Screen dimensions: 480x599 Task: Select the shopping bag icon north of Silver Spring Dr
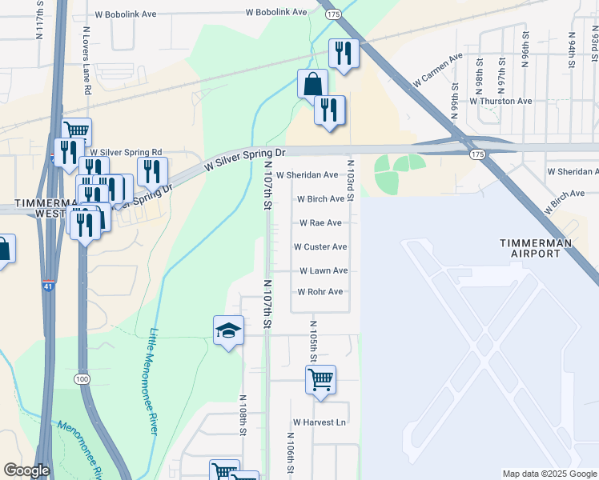click(x=312, y=85)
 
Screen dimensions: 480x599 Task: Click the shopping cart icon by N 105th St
click(x=320, y=379)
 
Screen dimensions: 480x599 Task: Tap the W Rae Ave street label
click(x=320, y=223)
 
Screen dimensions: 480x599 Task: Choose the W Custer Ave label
click(x=320, y=247)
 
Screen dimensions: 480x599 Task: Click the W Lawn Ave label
click(x=323, y=271)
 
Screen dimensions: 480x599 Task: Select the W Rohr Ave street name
click(x=320, y=292)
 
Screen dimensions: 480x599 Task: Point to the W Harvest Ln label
click(x=319, y=422)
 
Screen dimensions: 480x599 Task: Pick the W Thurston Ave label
click(x=501, y=102)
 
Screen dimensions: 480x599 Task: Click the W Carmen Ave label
click(x=438, y=70)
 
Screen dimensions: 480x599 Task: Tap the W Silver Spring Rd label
click(x=126, y=152)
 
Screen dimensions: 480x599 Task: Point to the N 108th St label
click(x=242, y=415)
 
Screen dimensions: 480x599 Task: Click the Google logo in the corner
click(x=26, y=470)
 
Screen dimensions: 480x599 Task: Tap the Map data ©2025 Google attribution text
click(x=549, y=474)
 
